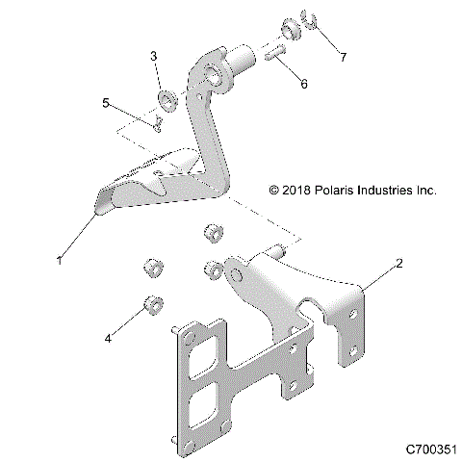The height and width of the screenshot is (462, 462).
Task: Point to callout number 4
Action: (109, 338)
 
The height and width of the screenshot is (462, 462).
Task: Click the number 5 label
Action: (108, 101)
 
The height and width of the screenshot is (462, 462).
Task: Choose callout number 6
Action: (304, 84)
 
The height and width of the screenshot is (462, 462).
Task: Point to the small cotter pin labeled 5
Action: (156, 122)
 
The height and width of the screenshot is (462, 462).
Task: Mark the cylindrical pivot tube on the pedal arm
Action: (238, 60)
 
